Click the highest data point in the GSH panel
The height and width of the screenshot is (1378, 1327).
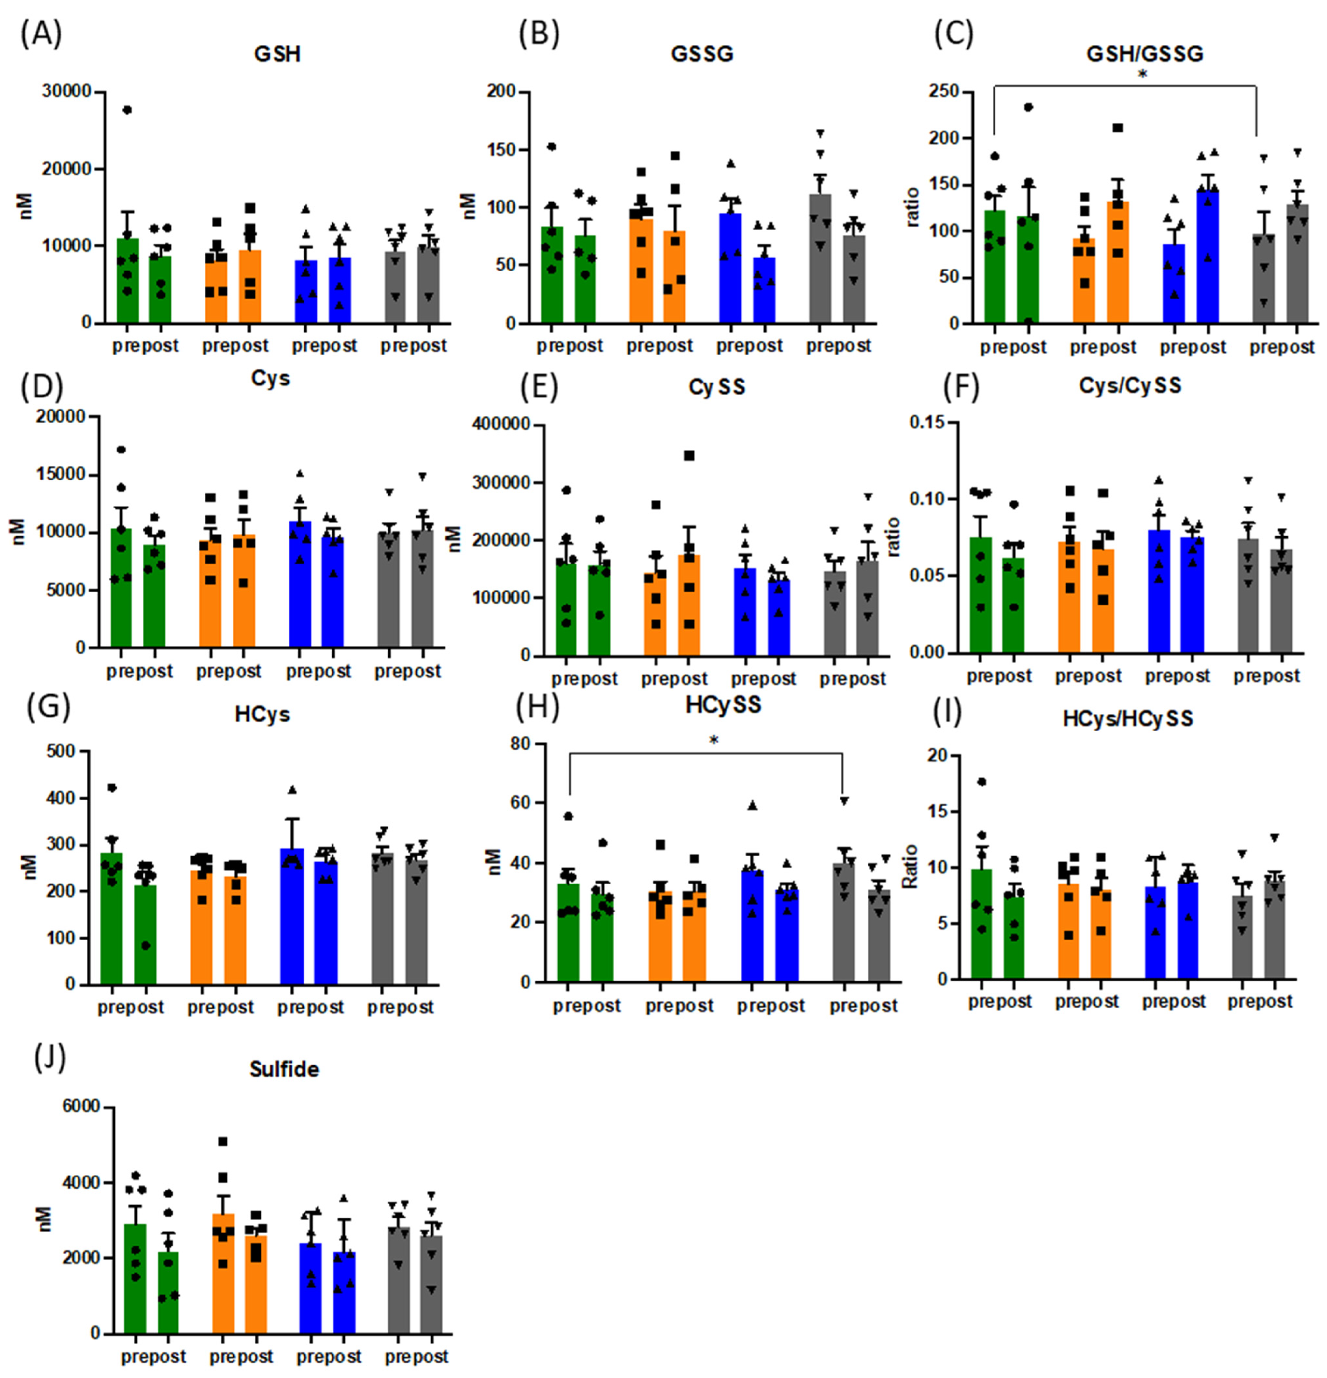127,110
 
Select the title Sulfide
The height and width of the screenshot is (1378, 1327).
284,1069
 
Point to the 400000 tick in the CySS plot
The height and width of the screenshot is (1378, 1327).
500,425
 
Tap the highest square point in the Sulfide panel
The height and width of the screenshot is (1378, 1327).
223,1141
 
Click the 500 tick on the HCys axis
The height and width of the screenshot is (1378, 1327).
61,751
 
